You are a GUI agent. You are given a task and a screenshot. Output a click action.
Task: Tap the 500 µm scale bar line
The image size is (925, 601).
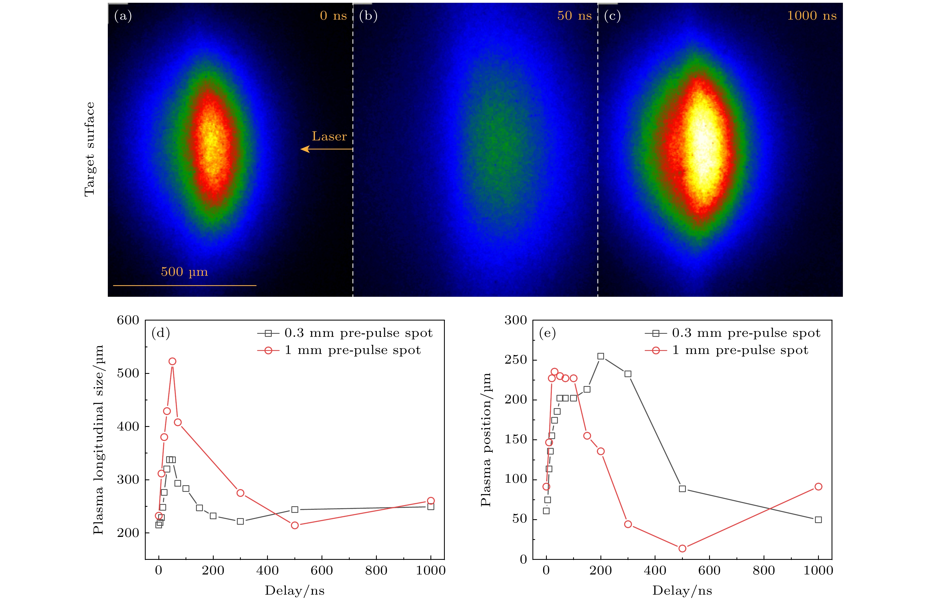(x=185, y=285)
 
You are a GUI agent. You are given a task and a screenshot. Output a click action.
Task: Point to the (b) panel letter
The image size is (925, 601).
(x=368, y=16)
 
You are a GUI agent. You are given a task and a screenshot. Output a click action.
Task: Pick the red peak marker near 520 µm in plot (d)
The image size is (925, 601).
(x=172, y=362)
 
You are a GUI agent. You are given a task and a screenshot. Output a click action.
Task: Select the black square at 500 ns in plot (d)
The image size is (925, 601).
(x=295, y=509)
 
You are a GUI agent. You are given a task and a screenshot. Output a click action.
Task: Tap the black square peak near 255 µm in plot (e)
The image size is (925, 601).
(x=600, y=356)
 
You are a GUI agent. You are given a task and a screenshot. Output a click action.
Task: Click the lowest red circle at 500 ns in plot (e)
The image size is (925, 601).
(x=682, y=548)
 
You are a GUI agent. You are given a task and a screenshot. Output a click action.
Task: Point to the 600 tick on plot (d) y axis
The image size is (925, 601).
(x=128, y=321)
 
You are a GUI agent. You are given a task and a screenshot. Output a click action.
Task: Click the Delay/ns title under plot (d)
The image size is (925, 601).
(x=295, y=591)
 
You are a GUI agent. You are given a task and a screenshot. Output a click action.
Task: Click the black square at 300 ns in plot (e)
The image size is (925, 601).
(x=628, y=374)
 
